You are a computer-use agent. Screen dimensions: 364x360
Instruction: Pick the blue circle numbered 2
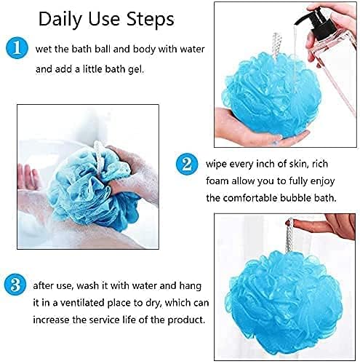pyautogui.click(x=187, y=162)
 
